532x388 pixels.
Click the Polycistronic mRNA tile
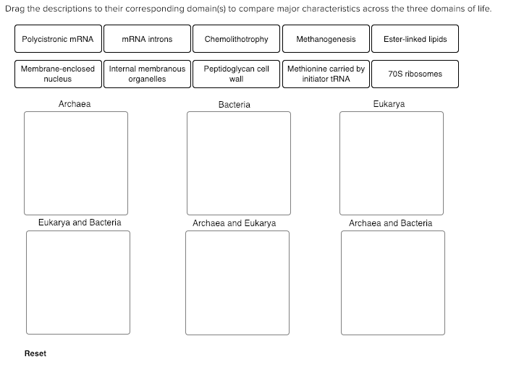point(58,39)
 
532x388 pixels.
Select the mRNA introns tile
point(147,39)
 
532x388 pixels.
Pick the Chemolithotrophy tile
point(236,39)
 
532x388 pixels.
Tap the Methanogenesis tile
point(326,39)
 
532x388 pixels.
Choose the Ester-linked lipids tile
point(415,39)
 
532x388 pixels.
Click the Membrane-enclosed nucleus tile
point(58,74)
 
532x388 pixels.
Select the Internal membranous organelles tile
point(147,74)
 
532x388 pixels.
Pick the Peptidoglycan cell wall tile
point(236,74)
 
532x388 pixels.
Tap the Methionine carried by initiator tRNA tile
point(326,74)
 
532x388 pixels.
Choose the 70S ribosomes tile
point(415,74)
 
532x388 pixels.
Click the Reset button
point(35,353)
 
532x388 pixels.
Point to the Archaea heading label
point(75,104)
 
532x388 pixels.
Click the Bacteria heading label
point(234,105)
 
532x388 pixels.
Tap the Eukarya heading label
point(389,104)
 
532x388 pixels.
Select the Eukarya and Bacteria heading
point(80,223)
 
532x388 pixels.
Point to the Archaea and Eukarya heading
point(234,223)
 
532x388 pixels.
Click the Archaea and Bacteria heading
point(390,223)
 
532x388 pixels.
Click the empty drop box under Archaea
point(76,163)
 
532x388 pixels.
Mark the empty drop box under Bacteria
point(238,163)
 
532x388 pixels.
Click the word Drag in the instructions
point(14,9)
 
